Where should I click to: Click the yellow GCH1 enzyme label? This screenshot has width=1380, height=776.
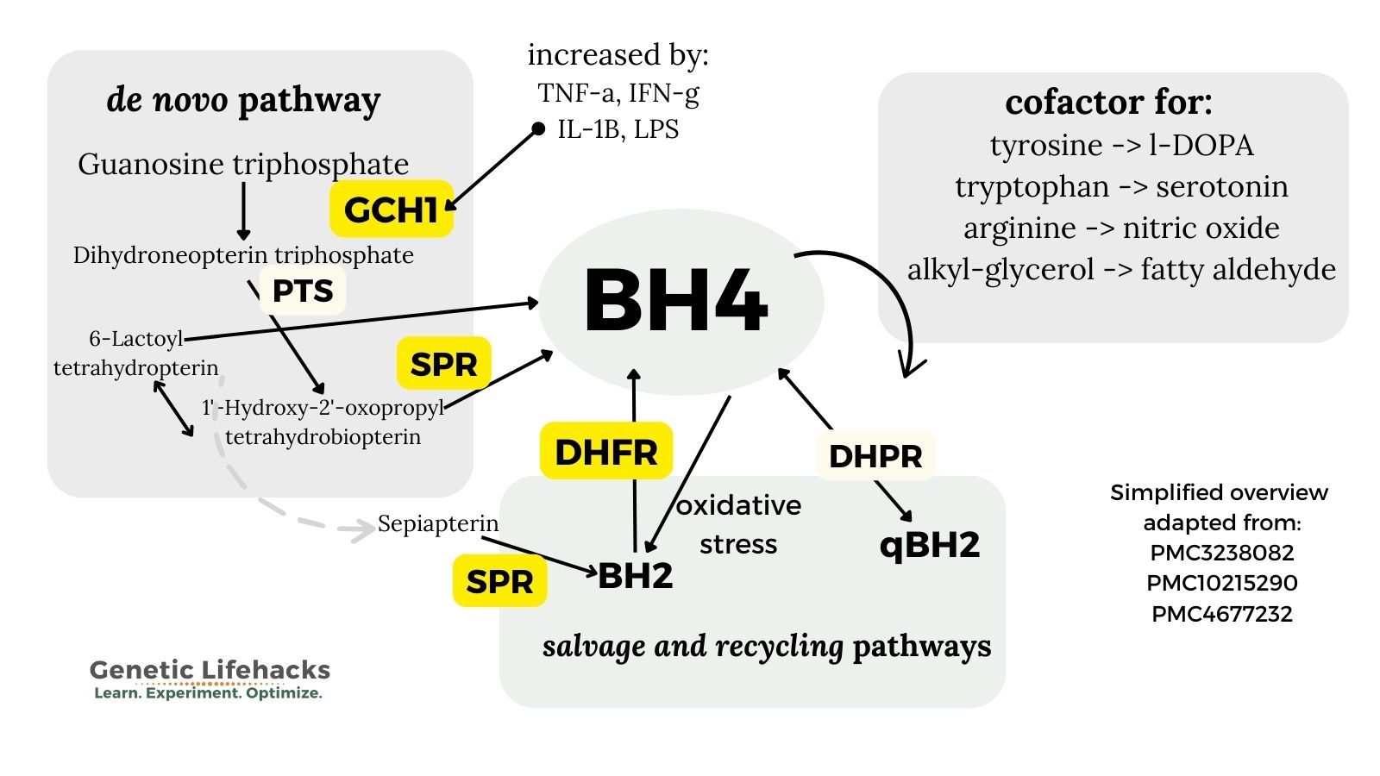pyautogui.click(x=392, y=210)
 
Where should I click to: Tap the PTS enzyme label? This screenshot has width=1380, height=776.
pyautogui.click(x=303, y=291)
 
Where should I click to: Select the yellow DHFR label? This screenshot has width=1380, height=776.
pyautogui.click(x=606, y=452)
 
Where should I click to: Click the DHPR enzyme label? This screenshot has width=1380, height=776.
pyautogui.click(x=875, y=456)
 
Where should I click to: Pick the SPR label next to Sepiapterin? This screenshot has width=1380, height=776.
pyautogui.click(x=499, y=581)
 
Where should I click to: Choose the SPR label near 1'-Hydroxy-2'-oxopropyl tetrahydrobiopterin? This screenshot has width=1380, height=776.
pyautogui.click(x=443, y=364)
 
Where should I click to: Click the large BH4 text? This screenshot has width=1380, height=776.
pyautogui.click(x=676, y=302)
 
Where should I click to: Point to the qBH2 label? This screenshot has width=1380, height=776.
pyautogui.click(x=930, y=544)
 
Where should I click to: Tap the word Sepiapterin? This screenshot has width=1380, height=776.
pyautogui.click(x=438, y=523)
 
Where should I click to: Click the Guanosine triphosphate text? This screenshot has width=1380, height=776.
pyautogui.click(x=243, y=164)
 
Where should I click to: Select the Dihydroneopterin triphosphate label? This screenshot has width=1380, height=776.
pyautogui.click(x=243, y=255)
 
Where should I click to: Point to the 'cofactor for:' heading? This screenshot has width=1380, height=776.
pyautogui.click(x=1109, y=103)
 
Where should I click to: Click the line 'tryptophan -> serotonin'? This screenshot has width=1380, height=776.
pyautogui.click(x=1122, y=186)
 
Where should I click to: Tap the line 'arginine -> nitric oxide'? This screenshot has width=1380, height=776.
pyautogui.click(x=1122, y=228)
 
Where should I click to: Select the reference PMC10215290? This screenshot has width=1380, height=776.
pyautogui.click(x=1222, y=583)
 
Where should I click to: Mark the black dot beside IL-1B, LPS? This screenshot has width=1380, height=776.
pyautogui.click(x=538, y=128)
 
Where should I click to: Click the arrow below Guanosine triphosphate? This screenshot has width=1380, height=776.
pyautogui.click(x=243, y=211)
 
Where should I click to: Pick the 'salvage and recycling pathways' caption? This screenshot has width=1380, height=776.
pyautogui.click(x=767, y=647)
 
